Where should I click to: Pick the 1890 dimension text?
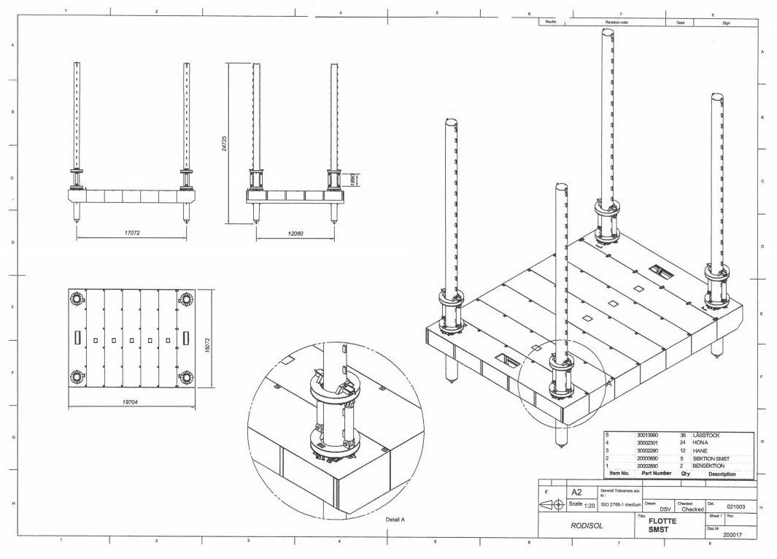(352, 180)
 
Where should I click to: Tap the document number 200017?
(733, 535)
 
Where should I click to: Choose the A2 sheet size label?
(576, 493)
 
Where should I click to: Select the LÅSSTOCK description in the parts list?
(706, 436)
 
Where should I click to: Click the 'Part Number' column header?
(656, 473)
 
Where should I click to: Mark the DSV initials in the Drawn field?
(665, 509)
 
